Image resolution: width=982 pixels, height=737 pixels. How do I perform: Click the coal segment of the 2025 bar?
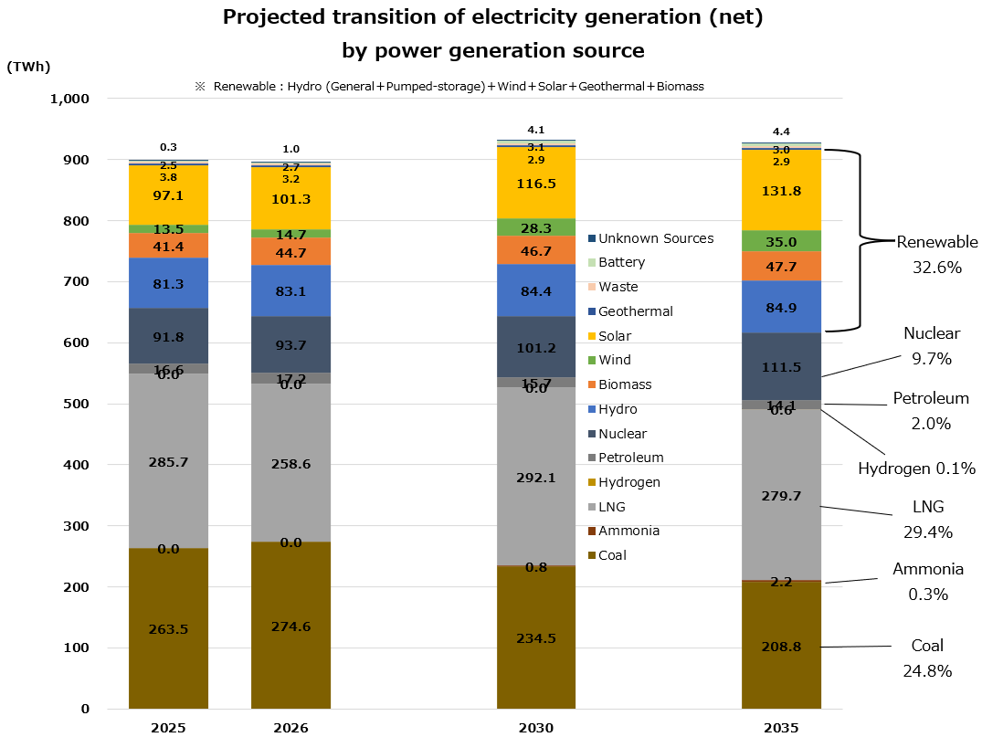coord(168,628)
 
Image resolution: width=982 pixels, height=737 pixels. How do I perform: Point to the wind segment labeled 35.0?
coord(781,241)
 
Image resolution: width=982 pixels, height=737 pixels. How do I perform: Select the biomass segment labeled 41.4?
coord(168,246)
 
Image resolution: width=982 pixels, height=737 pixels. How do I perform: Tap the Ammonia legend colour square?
coord(591,532)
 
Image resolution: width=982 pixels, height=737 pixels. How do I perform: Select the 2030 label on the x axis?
coord(536,728)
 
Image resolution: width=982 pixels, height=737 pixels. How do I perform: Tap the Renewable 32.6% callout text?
coord(936,255)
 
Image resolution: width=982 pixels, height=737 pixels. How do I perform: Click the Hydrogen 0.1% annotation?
coord(916,469)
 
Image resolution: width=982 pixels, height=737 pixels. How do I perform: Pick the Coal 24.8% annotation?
coord(927,658)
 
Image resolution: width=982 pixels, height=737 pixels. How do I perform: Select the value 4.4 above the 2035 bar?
coord(781,132)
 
